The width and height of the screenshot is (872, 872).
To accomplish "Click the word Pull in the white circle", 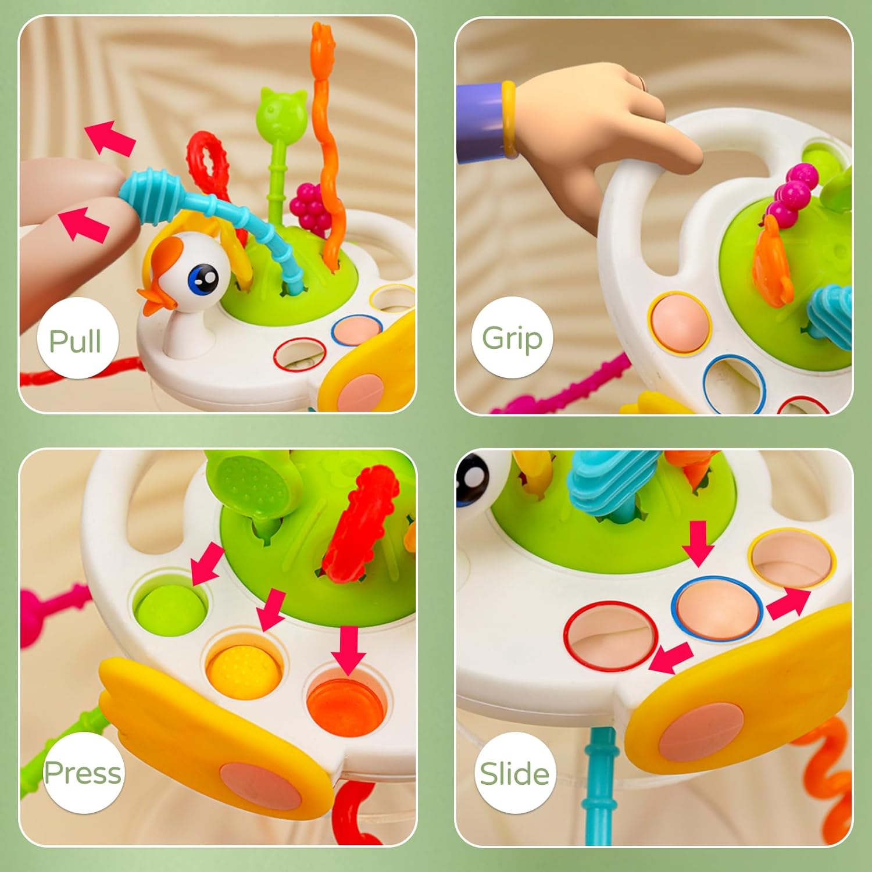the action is click(75, 341).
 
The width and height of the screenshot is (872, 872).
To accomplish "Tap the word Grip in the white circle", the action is click(512, 338).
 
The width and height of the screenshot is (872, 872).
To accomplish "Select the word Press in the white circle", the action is click(83, 773).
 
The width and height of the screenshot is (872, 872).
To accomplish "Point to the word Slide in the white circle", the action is click(514, 774).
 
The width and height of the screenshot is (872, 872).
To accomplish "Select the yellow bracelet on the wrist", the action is click(509, 120).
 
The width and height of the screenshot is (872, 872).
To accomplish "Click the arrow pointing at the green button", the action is click(208, 563).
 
